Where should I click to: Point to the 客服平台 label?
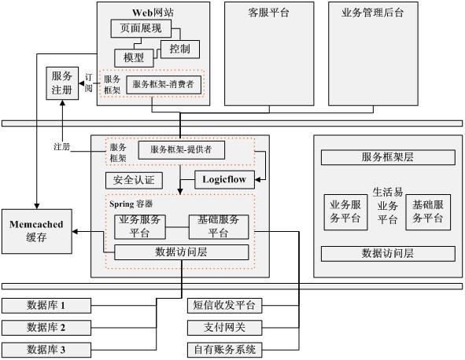268,13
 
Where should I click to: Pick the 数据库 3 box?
46,350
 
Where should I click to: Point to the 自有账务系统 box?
224,350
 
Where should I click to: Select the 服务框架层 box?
388,157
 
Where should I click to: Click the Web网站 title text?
153,13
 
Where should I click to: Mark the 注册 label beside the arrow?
63,147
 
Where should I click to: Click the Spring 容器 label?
131,204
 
